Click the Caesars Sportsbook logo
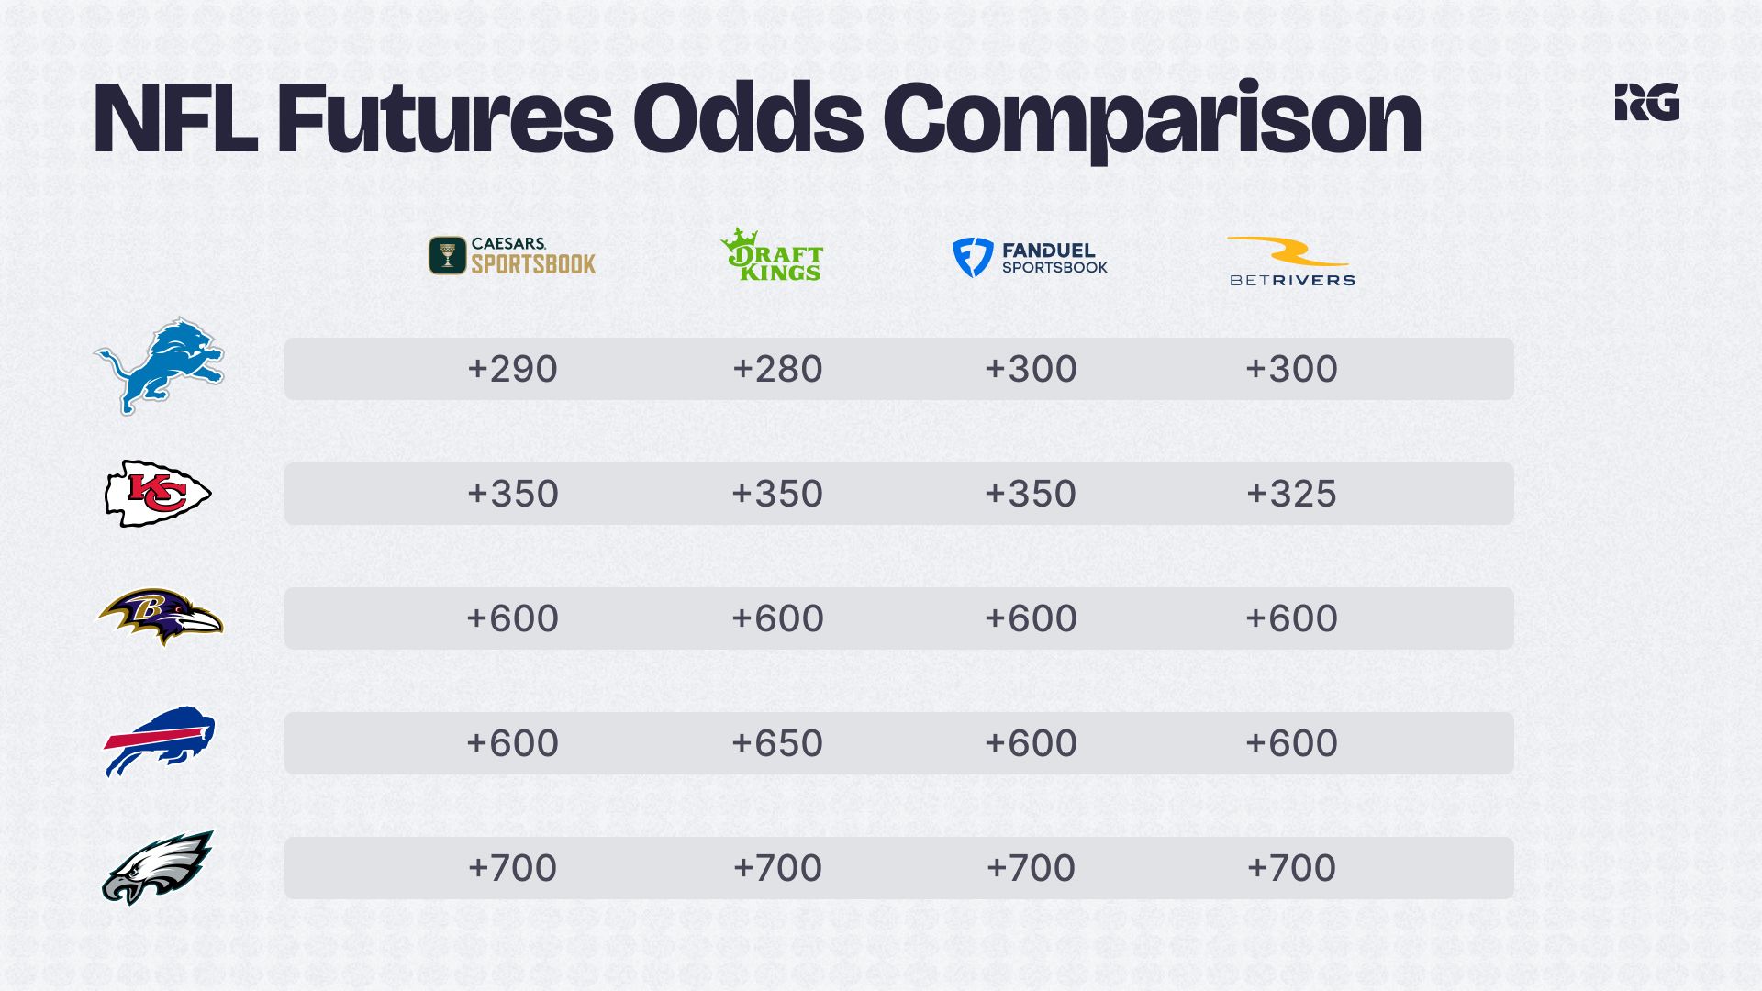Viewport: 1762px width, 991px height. tap(512, 256)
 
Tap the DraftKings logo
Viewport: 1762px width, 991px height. tap(772, 254)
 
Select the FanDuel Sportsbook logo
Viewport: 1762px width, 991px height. tap(1030, 258)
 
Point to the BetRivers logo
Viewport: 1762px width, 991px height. tap(1292, 262)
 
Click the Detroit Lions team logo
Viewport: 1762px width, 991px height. tap(159, 366)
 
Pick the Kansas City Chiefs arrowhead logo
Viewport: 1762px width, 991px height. tap(158, 494)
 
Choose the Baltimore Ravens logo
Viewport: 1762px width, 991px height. tap(160, 617)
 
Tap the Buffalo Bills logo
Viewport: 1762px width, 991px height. tap(159, 741)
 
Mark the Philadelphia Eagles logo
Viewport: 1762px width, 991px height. tap(158, 867)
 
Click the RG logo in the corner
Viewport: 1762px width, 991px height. tap(1647, 102)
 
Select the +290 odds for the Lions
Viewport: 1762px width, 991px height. tap(512, 369)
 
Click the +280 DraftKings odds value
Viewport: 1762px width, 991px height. tap(777, 369)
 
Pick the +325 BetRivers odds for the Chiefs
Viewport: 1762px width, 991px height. tap(1291, 494)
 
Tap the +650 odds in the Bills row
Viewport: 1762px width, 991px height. tap(777, 743)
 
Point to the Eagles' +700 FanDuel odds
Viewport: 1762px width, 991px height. tap(1031, 868)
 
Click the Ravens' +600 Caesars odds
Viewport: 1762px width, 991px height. tap(512, 618)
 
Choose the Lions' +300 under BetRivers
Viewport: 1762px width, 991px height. tap(1291, 369)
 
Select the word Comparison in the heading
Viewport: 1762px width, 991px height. tap(1153, 122)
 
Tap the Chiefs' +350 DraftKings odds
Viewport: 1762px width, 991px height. tap(777, 494)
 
